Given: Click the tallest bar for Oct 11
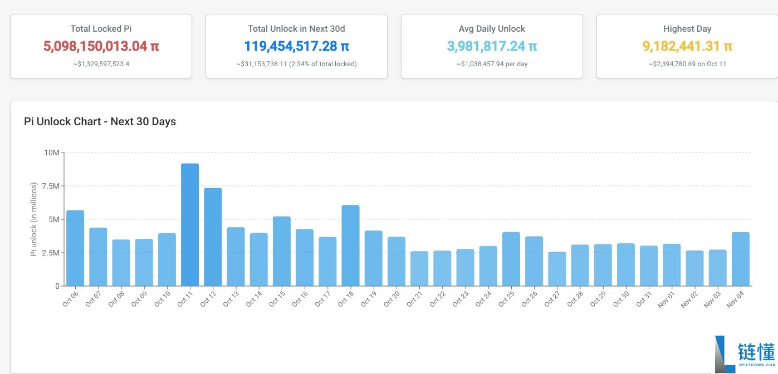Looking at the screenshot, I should pos(190,225).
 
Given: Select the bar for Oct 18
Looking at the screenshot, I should pos(350,245).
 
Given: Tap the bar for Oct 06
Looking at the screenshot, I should pos(75,248).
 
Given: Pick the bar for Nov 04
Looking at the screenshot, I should pos(740,259).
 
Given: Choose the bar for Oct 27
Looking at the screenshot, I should pos(557,269).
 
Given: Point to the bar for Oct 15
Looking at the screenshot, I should pos(282,252).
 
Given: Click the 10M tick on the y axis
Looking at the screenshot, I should pos(52,152).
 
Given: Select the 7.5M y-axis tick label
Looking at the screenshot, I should pos(50,186).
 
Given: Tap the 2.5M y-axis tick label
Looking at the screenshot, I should pos(50,253).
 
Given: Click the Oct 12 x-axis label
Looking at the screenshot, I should pos(208,299).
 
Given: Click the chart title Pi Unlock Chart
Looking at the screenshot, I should pos(100,122).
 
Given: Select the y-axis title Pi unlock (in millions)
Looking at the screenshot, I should pos(33,219).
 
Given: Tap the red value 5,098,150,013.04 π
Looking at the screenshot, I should pos(101,46).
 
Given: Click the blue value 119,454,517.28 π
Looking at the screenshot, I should pos(296,46).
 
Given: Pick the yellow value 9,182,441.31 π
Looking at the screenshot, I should pos(687,46).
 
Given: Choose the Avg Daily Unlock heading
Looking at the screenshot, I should pos(492,29).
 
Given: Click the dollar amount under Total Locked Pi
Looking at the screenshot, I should pos(101,64).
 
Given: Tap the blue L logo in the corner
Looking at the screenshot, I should pos(725,354).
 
